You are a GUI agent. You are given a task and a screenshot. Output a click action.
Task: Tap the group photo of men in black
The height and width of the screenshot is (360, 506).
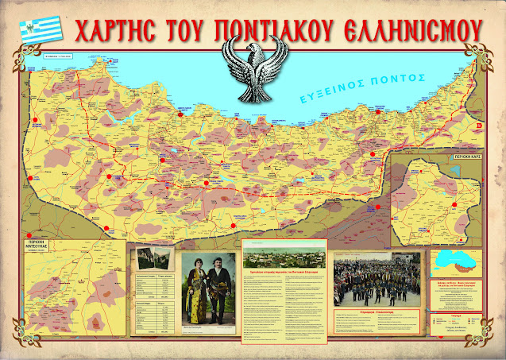pyautogui.click(x=379, y=283)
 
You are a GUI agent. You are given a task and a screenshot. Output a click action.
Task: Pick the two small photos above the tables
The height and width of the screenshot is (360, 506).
pyautogui.click(x=153, y=257)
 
